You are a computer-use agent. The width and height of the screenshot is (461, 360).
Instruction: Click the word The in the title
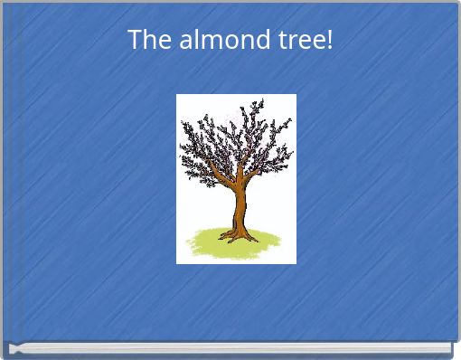(146, 40)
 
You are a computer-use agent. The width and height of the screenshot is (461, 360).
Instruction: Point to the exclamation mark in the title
(329, 40)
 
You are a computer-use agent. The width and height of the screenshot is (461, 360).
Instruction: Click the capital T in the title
(134, 40)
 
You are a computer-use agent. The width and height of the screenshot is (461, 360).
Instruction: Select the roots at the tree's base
(238, 237)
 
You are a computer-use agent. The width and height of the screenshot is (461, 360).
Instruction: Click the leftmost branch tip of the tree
(181, 163)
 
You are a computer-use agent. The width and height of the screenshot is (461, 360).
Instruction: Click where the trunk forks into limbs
(238, 181)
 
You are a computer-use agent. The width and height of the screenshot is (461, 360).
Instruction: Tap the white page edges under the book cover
(230, 348)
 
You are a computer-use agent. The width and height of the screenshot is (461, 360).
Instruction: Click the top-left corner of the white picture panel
(177, 95)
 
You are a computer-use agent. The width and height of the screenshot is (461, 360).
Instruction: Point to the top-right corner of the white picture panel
(296, 95)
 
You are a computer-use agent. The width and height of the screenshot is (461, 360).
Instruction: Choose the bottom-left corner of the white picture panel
(177, 262)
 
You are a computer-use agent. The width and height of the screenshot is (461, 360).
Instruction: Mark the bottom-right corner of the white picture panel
(296, 262)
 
